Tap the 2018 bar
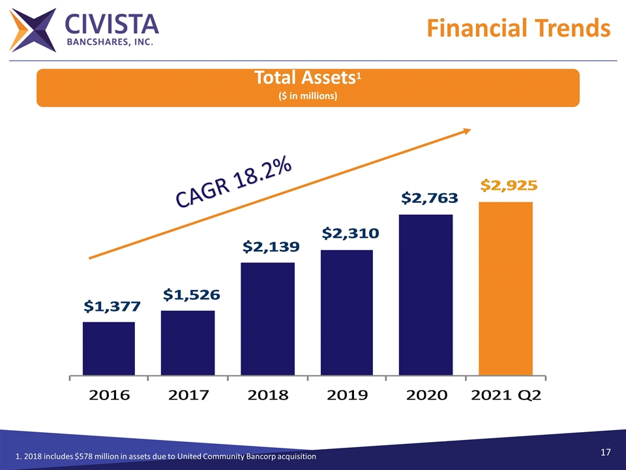267,319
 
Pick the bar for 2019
346,312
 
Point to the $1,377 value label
109,306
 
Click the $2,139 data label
267,247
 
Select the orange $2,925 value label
509,185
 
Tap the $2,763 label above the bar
429,197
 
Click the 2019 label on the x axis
346,395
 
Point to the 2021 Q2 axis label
506,395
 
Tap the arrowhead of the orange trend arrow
467,131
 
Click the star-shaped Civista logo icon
33,31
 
